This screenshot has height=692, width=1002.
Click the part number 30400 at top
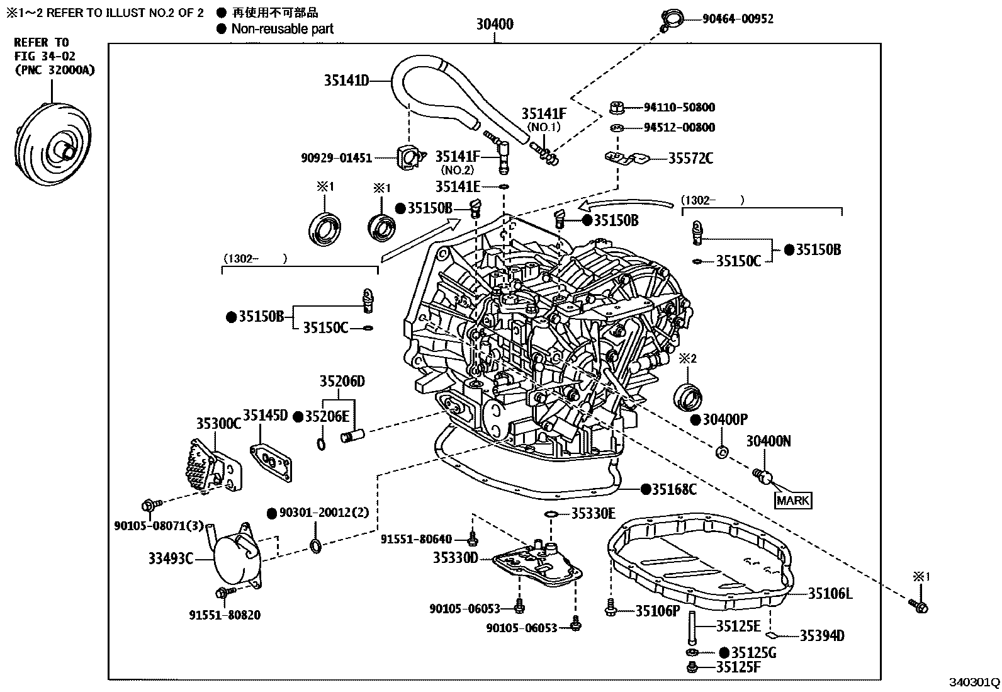494,24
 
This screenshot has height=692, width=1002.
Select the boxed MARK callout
793,501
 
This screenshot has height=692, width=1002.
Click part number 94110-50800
679,108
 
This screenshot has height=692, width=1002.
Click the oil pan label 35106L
830,593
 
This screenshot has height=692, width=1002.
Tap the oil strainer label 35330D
456,558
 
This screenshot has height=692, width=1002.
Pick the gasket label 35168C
673,489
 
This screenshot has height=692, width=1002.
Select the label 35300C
218,423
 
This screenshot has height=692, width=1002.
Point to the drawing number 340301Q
974,683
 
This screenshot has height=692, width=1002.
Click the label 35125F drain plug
738,667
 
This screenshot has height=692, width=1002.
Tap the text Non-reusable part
283,28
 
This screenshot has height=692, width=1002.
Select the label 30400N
768,441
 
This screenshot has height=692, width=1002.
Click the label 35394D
822,635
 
